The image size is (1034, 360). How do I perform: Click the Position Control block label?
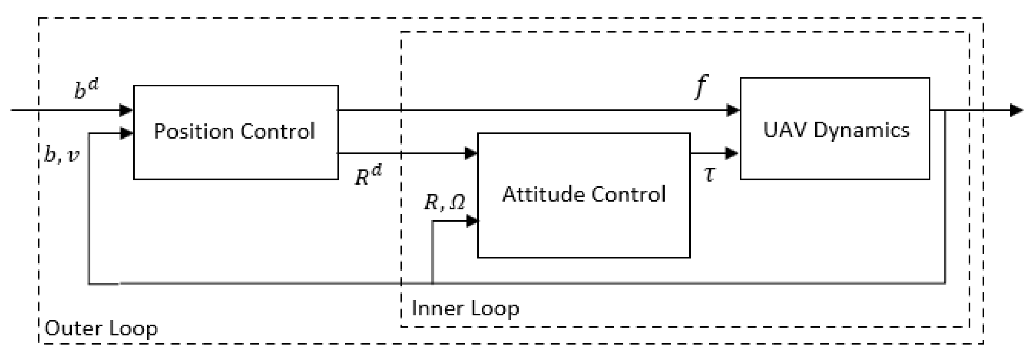tap(234, 131)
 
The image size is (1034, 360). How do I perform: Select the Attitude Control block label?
tap(584, 194)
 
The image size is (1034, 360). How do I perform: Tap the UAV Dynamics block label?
tap(836, 130)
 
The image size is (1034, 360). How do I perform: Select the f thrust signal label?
tap(701, 86)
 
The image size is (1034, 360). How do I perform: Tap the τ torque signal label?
tap(709, 174)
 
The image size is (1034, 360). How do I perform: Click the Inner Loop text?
tap(465, 308)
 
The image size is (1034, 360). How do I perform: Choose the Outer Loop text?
tap(101, 328)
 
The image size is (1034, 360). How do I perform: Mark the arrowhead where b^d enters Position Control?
tap(126, 110)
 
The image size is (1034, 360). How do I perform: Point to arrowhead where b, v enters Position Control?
tap(126, 133)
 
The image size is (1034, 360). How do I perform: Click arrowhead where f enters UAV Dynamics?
tap(733, 110)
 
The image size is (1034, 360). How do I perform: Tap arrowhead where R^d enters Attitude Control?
tap(471, 153)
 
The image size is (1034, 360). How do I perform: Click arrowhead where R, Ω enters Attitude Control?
tap(472, 221)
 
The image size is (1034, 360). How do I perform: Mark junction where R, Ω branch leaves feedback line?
tap(432, 283)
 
